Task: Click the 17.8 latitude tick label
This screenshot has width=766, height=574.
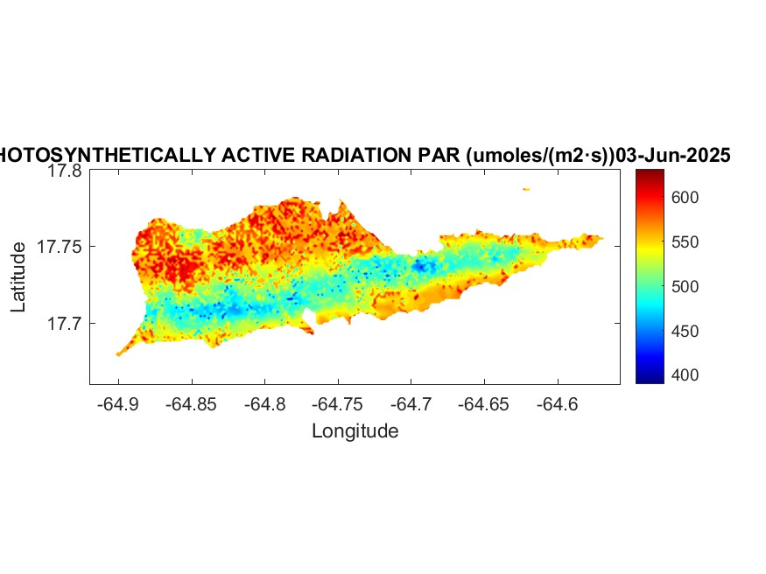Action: point(64,171)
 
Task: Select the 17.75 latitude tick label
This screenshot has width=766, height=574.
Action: point(60,248)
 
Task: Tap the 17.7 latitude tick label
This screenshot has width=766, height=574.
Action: point(64,324)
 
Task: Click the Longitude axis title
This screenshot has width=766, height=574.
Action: point(355,430)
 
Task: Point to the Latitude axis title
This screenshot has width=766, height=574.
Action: point(18,278)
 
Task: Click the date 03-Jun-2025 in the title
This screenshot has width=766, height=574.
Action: point(674,156)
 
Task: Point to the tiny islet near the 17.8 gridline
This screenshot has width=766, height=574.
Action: point(526,188)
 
